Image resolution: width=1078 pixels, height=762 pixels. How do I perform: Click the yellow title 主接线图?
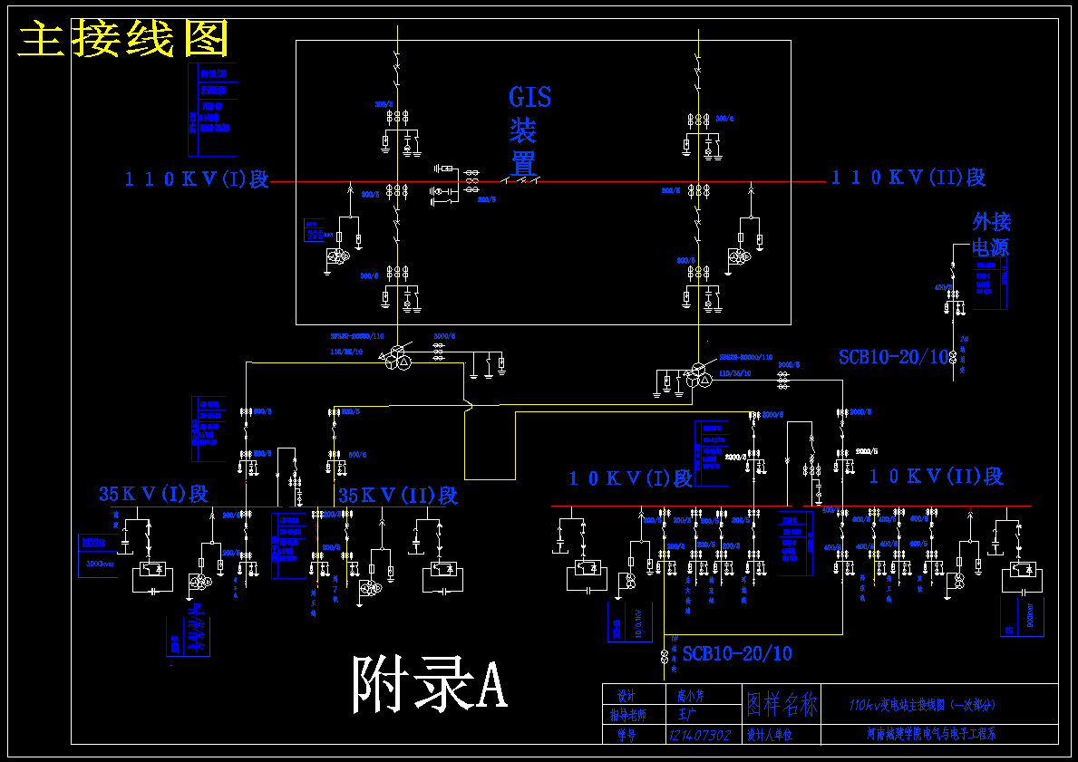[x=123, y=40]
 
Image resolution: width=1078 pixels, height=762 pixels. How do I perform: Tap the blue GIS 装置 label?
[x=529, y=130]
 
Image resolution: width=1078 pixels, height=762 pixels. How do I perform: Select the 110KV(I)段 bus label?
[x=197, y=178]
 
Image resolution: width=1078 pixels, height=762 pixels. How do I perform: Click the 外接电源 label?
[x=991, y=234]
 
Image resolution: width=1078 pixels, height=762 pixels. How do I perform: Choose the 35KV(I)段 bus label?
[x=153, y=494]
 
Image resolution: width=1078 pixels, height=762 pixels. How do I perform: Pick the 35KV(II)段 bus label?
[x=397, y=496]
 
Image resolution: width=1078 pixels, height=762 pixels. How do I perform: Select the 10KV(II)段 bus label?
[x=936, y=476]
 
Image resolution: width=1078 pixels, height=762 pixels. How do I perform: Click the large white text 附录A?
[x=429, y=684]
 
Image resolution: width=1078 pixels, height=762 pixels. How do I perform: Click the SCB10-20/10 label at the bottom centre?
[x=737, y=653]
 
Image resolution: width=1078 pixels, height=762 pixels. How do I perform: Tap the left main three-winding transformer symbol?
[x=396, y=360]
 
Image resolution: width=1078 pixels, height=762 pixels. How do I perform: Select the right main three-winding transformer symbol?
[x=698, y=377]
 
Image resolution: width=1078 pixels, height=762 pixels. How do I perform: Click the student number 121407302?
[x=699, y=735]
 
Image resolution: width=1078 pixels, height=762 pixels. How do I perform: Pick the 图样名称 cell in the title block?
[x=781, y=704]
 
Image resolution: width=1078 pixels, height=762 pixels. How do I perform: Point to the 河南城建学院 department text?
[x=931, y=735]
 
